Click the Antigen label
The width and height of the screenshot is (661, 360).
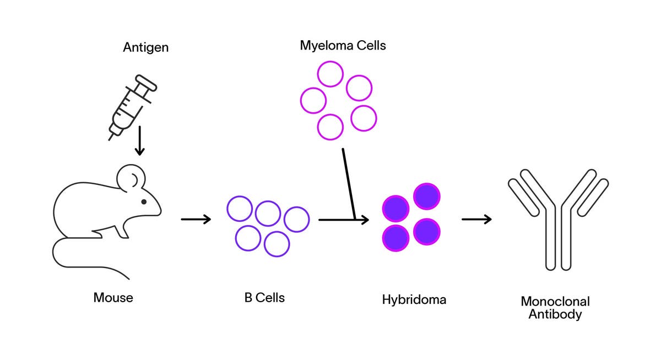pyautogui.click(x=145, y=47)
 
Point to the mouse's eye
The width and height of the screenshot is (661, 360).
pyautogui.click(x=144, y=201)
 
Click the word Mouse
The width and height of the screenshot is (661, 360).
pyautogui.click(x=113, y=298)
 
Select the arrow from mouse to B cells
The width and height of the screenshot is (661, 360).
pyautogui.click(x=196, y=220)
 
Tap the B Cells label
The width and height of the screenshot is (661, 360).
pyautogui.click(x=264, y=298)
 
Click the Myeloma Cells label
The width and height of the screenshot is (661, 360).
pyautogui.click(x=343, y=45)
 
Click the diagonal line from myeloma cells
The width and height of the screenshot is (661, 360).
pyautogui.click(x=348, y=182)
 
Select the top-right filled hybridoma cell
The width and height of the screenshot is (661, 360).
pyautogui.click(x=427, y=197)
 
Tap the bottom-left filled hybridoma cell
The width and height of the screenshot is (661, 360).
pyautogui.click(x=395, y=237)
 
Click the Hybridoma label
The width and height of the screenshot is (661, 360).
pyautogui.click(x=414, y=300)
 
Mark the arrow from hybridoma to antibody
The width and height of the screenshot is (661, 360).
pyautogui.click(x=476, y=220)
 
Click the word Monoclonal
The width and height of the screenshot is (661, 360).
pyautogui.click(x=555, y=302)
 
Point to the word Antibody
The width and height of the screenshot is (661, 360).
pyautogui.click(x=555, y=315)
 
